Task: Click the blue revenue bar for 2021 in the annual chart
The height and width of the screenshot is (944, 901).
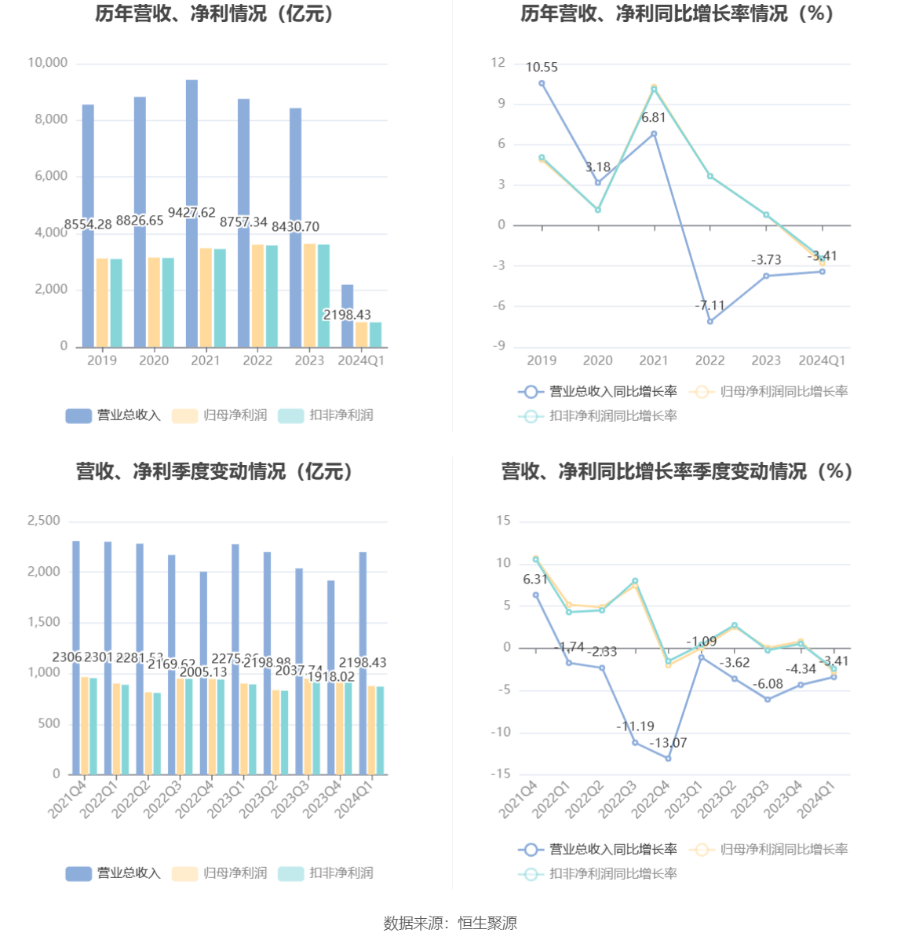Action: (x=192, y=157)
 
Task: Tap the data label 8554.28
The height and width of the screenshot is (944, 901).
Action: (x=88, y=225)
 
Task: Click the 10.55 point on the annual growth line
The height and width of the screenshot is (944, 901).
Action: (x=542, y=83)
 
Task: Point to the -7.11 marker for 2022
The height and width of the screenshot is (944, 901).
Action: (x=710, y=321)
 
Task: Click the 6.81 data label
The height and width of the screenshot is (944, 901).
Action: (x=653, y=118)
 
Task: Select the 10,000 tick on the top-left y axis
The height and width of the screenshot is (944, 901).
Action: (x=48, y=63)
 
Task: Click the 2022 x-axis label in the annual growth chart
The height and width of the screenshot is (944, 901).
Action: (x=709, y=360)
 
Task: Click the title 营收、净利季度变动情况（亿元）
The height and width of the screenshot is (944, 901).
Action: (x=215, y=471)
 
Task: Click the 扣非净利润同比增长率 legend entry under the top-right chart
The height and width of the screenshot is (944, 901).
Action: (x=598, y=416)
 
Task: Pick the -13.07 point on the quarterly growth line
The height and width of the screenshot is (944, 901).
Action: (x=668, y=758)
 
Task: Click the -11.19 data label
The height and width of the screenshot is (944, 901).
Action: (x=635, y=726)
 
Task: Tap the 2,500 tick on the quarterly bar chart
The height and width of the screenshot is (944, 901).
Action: (x=44, y=521)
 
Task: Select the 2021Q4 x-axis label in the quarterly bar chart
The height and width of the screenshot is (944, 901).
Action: (x=67, y=799)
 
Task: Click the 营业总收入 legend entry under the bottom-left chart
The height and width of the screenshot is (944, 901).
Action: (x=114, y=873)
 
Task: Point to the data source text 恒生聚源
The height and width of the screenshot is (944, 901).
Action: (x=487, y=924)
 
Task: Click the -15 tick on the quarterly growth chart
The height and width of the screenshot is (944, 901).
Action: (x=501, y=774)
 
